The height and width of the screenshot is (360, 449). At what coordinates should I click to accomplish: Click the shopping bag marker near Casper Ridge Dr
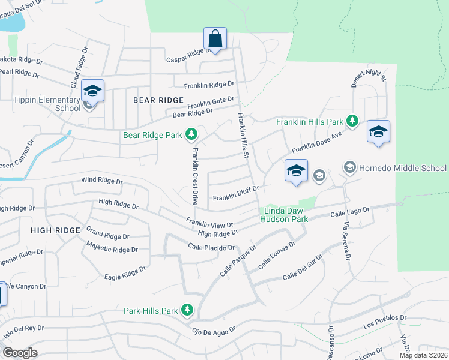click(215, 39)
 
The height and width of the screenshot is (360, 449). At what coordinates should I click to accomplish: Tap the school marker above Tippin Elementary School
click(93, 91)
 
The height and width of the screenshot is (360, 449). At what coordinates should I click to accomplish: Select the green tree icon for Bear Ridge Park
click(191, 134)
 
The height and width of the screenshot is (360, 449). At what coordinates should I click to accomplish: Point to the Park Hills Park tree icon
click(188, 310)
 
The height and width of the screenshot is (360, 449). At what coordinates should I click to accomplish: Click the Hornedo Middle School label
click(403, 168)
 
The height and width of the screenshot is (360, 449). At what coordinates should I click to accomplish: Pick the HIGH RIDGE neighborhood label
click(55, 230)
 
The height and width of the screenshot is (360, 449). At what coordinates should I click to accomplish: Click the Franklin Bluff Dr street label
click(235, 193)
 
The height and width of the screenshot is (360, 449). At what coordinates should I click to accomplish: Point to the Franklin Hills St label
click(244, 136)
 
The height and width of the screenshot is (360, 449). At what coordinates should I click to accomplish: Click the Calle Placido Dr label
click(211, 247)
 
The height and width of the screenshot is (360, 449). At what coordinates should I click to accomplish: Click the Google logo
click(20, 353)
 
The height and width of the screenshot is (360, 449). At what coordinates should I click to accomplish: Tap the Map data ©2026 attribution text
click(423, 355)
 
